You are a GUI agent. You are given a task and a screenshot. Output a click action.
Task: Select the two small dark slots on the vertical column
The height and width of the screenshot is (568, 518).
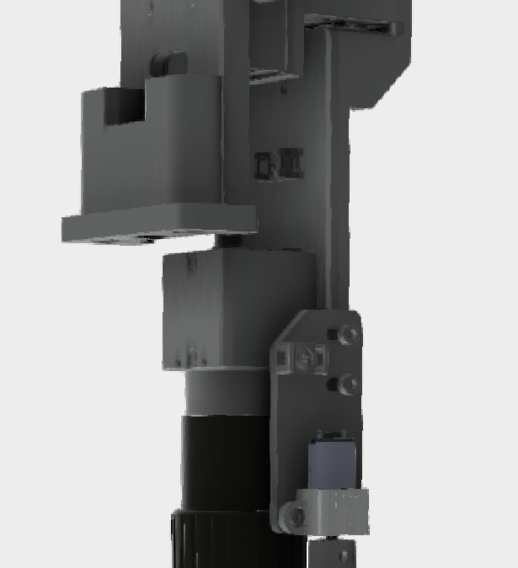click(278, 163)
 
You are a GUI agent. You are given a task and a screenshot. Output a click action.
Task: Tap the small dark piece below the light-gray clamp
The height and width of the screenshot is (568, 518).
click(334, 553)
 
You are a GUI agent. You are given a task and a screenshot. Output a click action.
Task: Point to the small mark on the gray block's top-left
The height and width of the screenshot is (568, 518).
click(192, 263)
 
